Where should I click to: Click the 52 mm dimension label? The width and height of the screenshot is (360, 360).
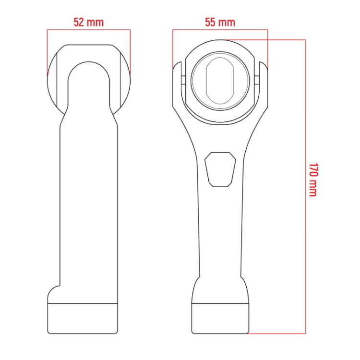point(89,22)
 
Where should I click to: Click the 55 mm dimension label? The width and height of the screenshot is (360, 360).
point(220,22)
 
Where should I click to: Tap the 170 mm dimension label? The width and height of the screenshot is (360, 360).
point(313,180)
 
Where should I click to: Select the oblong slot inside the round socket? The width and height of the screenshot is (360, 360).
point(220,81)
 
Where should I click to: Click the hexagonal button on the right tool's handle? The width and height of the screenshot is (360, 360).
point(220,169)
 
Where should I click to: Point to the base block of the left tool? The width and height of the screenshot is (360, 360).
point(83,318)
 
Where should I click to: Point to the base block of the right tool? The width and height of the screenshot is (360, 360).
point(220,318)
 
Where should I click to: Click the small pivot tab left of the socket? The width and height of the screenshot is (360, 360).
point(183,80)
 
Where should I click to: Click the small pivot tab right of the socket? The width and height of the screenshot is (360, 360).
point(257,80)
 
